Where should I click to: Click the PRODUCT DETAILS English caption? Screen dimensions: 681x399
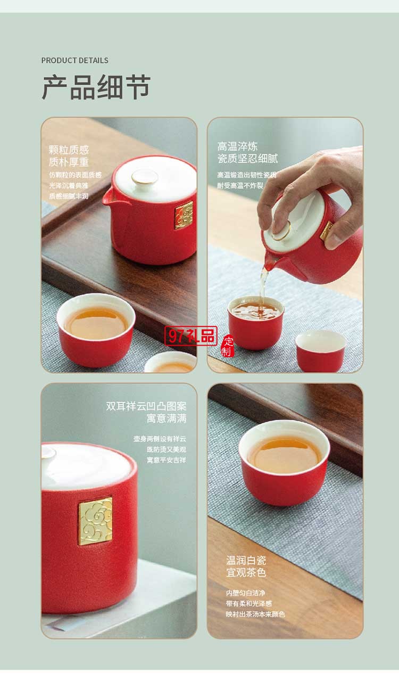74,60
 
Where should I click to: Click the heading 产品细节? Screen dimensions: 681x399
96,87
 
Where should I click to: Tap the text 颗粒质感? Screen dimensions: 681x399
69,150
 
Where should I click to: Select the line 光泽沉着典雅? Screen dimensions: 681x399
69,185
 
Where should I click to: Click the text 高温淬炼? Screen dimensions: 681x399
237,146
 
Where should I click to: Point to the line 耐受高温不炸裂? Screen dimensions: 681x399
240,185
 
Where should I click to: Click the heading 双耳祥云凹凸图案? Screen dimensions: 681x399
146,406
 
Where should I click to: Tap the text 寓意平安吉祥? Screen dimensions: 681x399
167,460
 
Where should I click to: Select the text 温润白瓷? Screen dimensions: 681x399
246,560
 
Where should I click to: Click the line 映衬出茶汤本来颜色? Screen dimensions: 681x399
255,614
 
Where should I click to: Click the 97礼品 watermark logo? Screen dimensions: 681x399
191,335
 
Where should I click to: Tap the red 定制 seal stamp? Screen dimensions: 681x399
227,347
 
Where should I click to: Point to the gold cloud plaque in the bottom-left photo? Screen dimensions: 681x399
96,521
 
